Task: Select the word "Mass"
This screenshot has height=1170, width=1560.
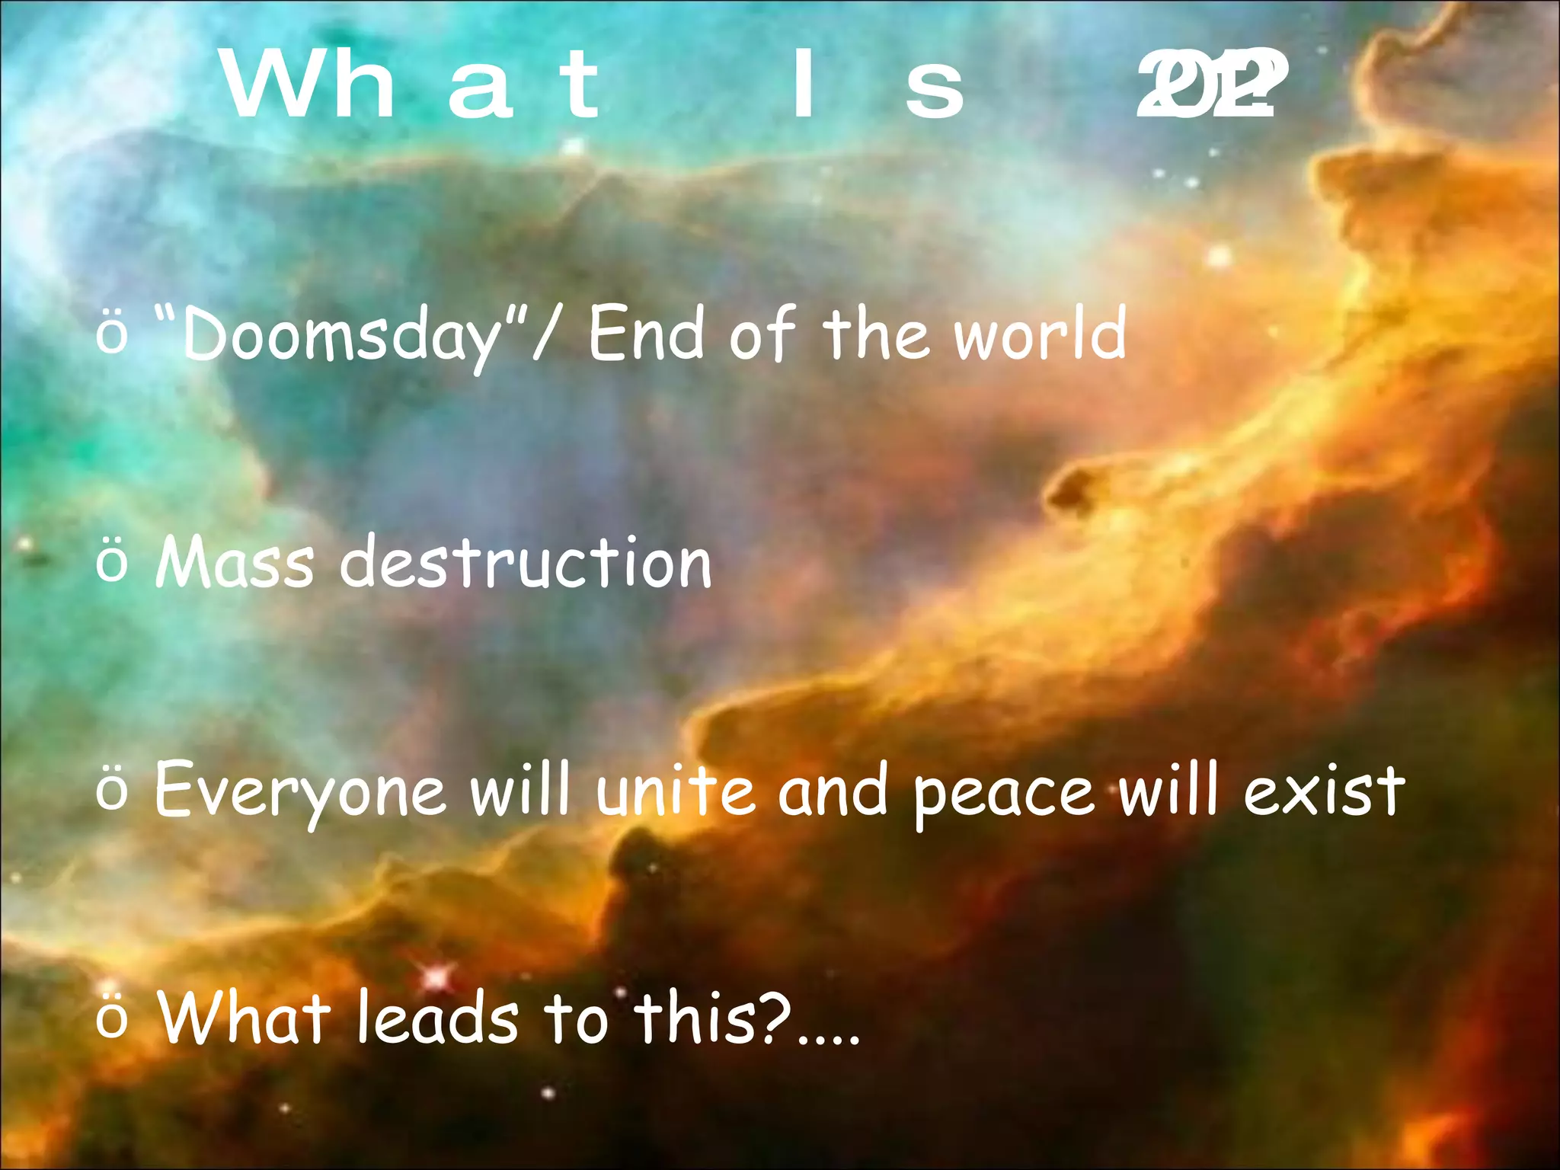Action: (x=234, y=563)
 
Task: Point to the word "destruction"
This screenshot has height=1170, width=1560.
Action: (x=526, y=563)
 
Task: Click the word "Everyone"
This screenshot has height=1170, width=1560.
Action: (x=300, y=792)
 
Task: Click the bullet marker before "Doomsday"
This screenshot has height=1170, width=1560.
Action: (x=113, y=335)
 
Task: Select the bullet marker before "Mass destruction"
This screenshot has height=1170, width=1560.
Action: (x=113, y=564)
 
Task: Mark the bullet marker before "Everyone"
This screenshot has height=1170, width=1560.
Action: (x=113, y=792)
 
